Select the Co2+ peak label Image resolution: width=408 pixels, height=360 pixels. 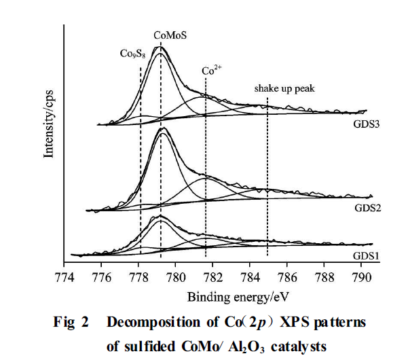tap(212, 69)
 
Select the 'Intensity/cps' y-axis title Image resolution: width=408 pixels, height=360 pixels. tap(48, 120)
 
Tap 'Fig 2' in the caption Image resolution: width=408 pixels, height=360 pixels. tap(71, 322)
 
